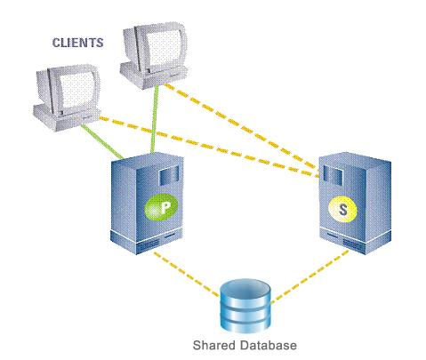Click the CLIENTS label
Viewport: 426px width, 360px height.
point(78,43)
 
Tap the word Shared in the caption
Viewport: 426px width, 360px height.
point(213,345)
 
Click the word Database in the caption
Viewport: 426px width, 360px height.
point(269,345)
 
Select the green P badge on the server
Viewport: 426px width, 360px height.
point(161,207)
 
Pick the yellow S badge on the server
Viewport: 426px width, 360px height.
point(342,210)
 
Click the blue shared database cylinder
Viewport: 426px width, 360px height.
point(245,306)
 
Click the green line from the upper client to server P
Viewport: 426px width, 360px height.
point(154,119)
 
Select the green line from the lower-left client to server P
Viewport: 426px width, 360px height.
point(102,140)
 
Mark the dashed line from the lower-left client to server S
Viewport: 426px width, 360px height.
point(210,148)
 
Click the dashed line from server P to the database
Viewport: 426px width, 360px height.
point(187,274)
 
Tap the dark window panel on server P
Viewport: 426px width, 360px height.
point(169,176)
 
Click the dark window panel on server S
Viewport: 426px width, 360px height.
point(333,175)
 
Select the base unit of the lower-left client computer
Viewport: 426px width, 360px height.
point(67,117)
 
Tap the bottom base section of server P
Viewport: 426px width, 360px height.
point(146,241)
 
